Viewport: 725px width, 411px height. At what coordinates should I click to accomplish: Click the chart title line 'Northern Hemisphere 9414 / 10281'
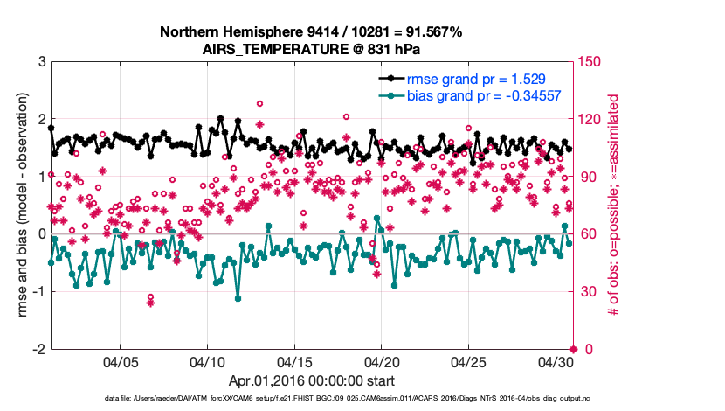click(311, 32)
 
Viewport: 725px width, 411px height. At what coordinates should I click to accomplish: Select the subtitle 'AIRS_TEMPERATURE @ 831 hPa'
click(311, 48)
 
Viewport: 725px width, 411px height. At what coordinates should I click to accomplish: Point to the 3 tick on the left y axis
click(40, 62)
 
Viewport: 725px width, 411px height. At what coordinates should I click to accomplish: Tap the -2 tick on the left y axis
click(38, 349)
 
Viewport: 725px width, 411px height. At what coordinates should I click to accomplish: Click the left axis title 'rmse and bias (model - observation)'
click(22, 205)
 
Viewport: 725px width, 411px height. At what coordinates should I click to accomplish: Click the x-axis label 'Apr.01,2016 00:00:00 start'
click(311, 381)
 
